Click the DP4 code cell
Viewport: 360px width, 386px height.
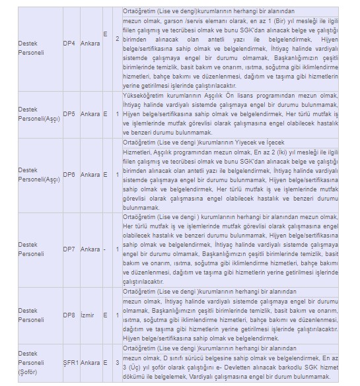(69, 43)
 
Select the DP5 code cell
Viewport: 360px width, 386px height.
(69, 114)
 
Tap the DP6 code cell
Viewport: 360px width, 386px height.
(69, 175)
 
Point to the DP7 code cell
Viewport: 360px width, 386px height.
(69, 249)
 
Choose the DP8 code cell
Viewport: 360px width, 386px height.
(69, 315)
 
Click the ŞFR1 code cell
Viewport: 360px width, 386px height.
(71, 362)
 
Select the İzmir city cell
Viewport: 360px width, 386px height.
(90, 315)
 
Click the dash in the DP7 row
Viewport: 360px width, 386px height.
(105, 249)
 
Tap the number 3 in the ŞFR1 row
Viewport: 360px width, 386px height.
(117, 362)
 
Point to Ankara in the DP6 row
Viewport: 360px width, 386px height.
(90, 175)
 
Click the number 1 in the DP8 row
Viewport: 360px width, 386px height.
(117, 315)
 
